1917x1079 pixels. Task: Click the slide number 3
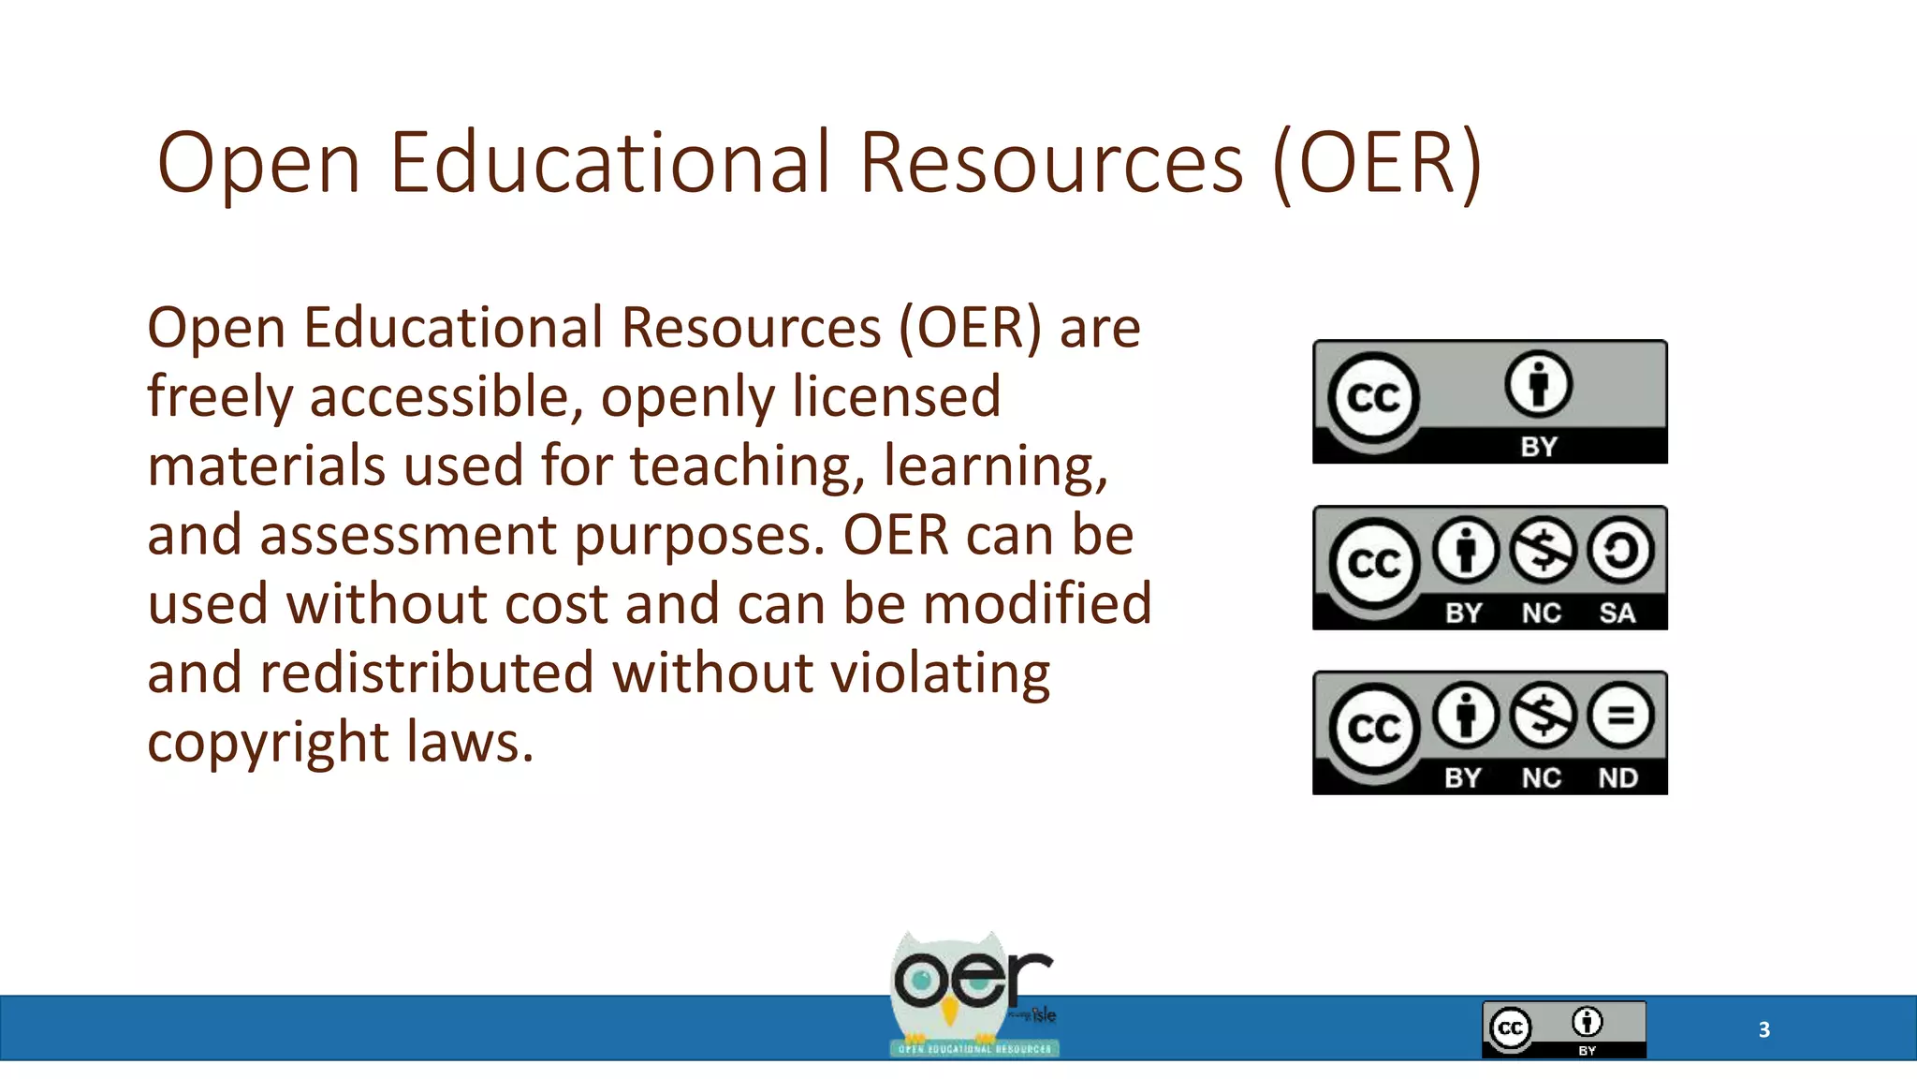point(1763,1029)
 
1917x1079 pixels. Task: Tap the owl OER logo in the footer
point(973,995)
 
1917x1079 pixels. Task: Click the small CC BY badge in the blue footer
point(1563,1029)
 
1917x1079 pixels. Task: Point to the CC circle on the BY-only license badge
point(1373,398)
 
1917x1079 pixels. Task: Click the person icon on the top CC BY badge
point(1538,384)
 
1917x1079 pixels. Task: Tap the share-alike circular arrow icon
point(1619,550)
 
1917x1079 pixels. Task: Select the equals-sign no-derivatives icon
point(1619,716)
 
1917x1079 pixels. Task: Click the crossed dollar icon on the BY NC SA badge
point(1543,550)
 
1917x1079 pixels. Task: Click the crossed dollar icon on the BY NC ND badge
point(1543,716)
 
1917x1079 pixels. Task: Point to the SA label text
point(1617,613)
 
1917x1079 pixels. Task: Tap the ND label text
point(1617,778)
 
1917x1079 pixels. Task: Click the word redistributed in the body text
point(427,673)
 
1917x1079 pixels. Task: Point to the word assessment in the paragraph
point(407,536)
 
